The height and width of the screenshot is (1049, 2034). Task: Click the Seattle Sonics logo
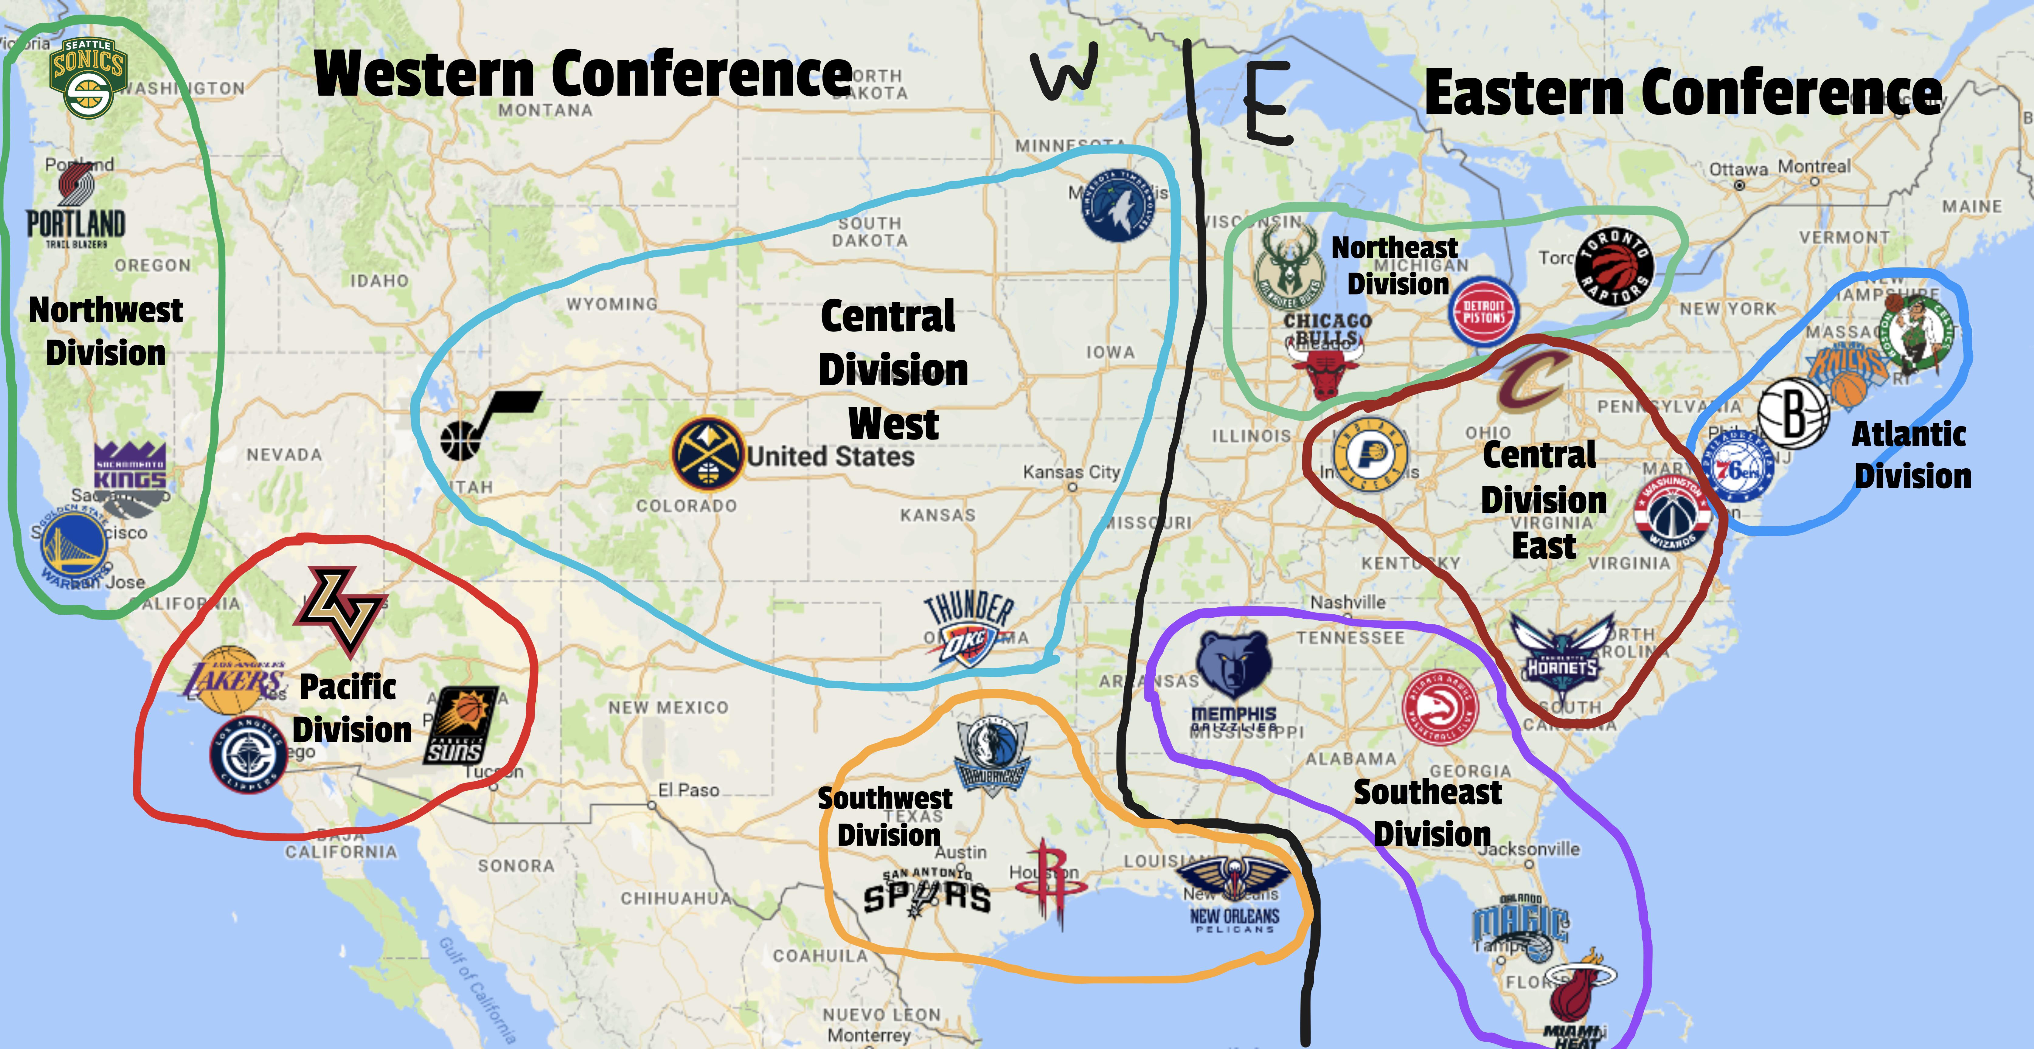87,77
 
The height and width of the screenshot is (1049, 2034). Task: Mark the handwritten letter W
1064,71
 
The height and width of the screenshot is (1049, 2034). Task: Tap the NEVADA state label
284,455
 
